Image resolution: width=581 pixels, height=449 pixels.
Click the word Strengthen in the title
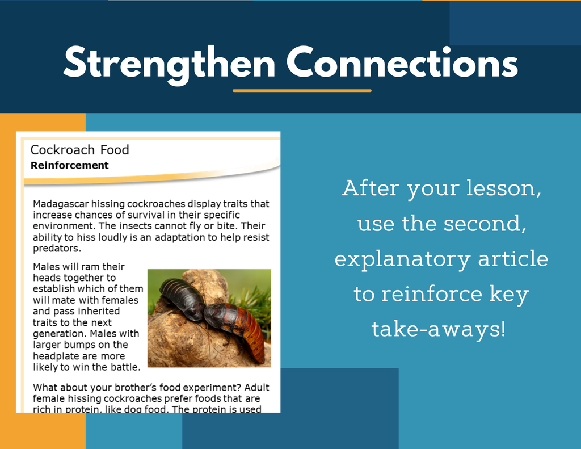click(169, 64)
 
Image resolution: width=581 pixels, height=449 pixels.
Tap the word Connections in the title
click(402, 62)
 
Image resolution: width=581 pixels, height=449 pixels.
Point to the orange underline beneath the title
click(302, 90)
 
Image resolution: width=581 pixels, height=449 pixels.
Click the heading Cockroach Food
click(79, 150)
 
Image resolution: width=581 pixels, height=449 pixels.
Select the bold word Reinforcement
click(70, 165)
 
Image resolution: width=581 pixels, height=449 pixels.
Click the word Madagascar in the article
click(61, 204)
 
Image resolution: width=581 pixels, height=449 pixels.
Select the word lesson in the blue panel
click(502, 188)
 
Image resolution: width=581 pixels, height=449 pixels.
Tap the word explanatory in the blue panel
click(402, 259)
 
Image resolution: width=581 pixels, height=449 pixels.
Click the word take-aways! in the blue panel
click(439, 329)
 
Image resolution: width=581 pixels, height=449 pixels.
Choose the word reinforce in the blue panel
click(432, 293)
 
